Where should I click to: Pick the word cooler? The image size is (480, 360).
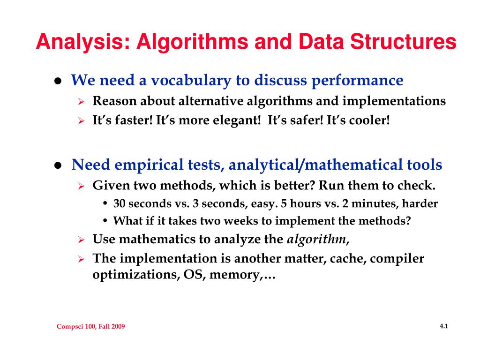click(x=366, y=120)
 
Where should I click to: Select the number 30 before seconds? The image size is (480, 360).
click(x=120, y=204)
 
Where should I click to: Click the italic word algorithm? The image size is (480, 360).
click(x=316, y=240)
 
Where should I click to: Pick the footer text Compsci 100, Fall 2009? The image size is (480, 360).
click(x=91, y=327)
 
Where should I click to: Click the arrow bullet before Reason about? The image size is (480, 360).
click(x=81, y=102)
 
